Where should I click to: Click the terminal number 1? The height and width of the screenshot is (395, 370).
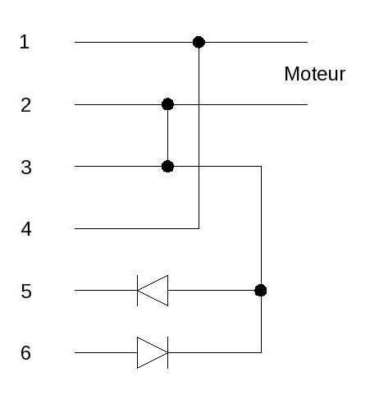click(x=25, y=42)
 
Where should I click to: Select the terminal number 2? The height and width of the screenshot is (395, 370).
click(x=26, y=105)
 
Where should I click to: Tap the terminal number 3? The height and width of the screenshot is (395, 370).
click(x=26, y=168)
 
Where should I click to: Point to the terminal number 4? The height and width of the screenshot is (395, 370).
click(x=26, y=229)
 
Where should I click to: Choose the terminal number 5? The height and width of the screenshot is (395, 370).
click(x=26, y=291)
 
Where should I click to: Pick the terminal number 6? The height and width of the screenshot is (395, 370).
click(x=25, y=352)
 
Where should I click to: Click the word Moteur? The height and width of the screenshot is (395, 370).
click(x=315, y=74)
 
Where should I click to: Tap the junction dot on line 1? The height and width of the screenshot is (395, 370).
click(x=199, y=42)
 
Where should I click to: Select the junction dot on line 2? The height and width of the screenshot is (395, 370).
click(x=167, y=104)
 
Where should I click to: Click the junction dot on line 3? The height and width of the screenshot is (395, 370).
click(x=167, y=166)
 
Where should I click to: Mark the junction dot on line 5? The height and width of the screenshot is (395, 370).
click(x=261, y=290)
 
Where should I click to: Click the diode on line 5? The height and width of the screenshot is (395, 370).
click(x=153, y=291)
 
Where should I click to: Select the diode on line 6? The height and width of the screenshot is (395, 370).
click(x=153, y=352)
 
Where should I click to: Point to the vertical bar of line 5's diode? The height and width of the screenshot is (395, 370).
click(x=137, y=291)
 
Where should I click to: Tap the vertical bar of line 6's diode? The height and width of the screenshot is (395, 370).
click(x=167, y=352)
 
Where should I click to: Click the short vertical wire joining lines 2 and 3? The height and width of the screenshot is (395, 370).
click(x=167, y=135)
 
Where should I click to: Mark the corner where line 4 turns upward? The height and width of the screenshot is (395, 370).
click(x=199, y=228)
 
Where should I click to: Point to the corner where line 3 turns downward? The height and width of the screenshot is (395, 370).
click(x=262, y=166)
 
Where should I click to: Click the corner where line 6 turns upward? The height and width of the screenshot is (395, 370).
click(x=262, y=352)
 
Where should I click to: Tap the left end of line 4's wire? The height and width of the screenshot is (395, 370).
click(x=75, y=228)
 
